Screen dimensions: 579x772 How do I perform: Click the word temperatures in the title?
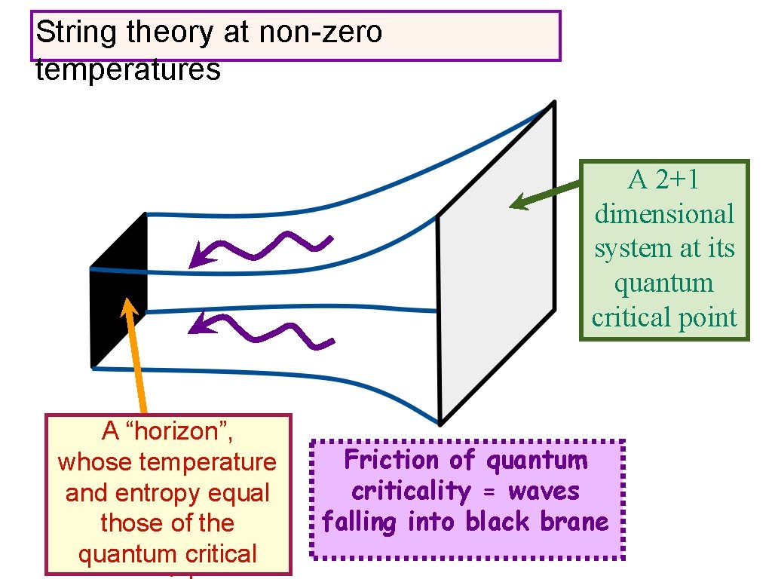point(127,70)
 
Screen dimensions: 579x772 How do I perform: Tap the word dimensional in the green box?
point(663,214)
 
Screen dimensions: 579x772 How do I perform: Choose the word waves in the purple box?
point(544,491)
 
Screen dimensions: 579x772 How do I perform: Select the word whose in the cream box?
point(94,461)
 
